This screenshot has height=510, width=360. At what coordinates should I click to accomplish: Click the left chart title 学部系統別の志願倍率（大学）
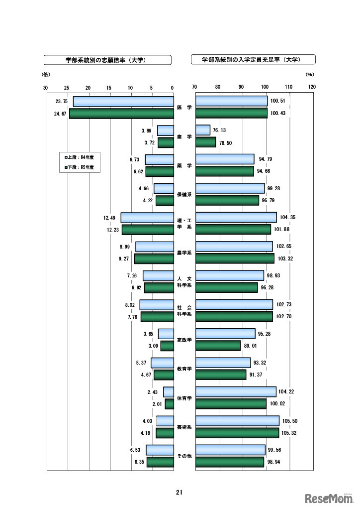click(x=108, y=60)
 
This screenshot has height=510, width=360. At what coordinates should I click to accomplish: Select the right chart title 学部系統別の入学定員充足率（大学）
click(x=253, y=60)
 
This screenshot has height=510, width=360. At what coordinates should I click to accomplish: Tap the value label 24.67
click(x=61, y=114)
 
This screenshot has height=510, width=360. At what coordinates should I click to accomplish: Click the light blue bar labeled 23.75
click(x=123, y=102)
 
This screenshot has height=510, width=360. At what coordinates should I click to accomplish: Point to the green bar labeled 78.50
click(x=206, y=142)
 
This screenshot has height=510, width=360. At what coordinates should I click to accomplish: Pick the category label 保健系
click(x=184, y=194)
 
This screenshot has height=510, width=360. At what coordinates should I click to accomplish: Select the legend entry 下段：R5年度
click(x=80, y=168)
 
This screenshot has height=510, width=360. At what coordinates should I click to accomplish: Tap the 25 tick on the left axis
click(x=67, y=88)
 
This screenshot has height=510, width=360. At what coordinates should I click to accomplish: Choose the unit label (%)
click(x=310, y=75)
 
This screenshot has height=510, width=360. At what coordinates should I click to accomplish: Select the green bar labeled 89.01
click(x=218, y=346)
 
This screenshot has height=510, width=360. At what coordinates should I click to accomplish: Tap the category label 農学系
click(x=184, y=253)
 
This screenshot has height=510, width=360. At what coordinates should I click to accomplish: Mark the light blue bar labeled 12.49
click(x=147, y=218)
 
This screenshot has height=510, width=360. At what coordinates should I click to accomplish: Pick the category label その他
click(x=184, y=456)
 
